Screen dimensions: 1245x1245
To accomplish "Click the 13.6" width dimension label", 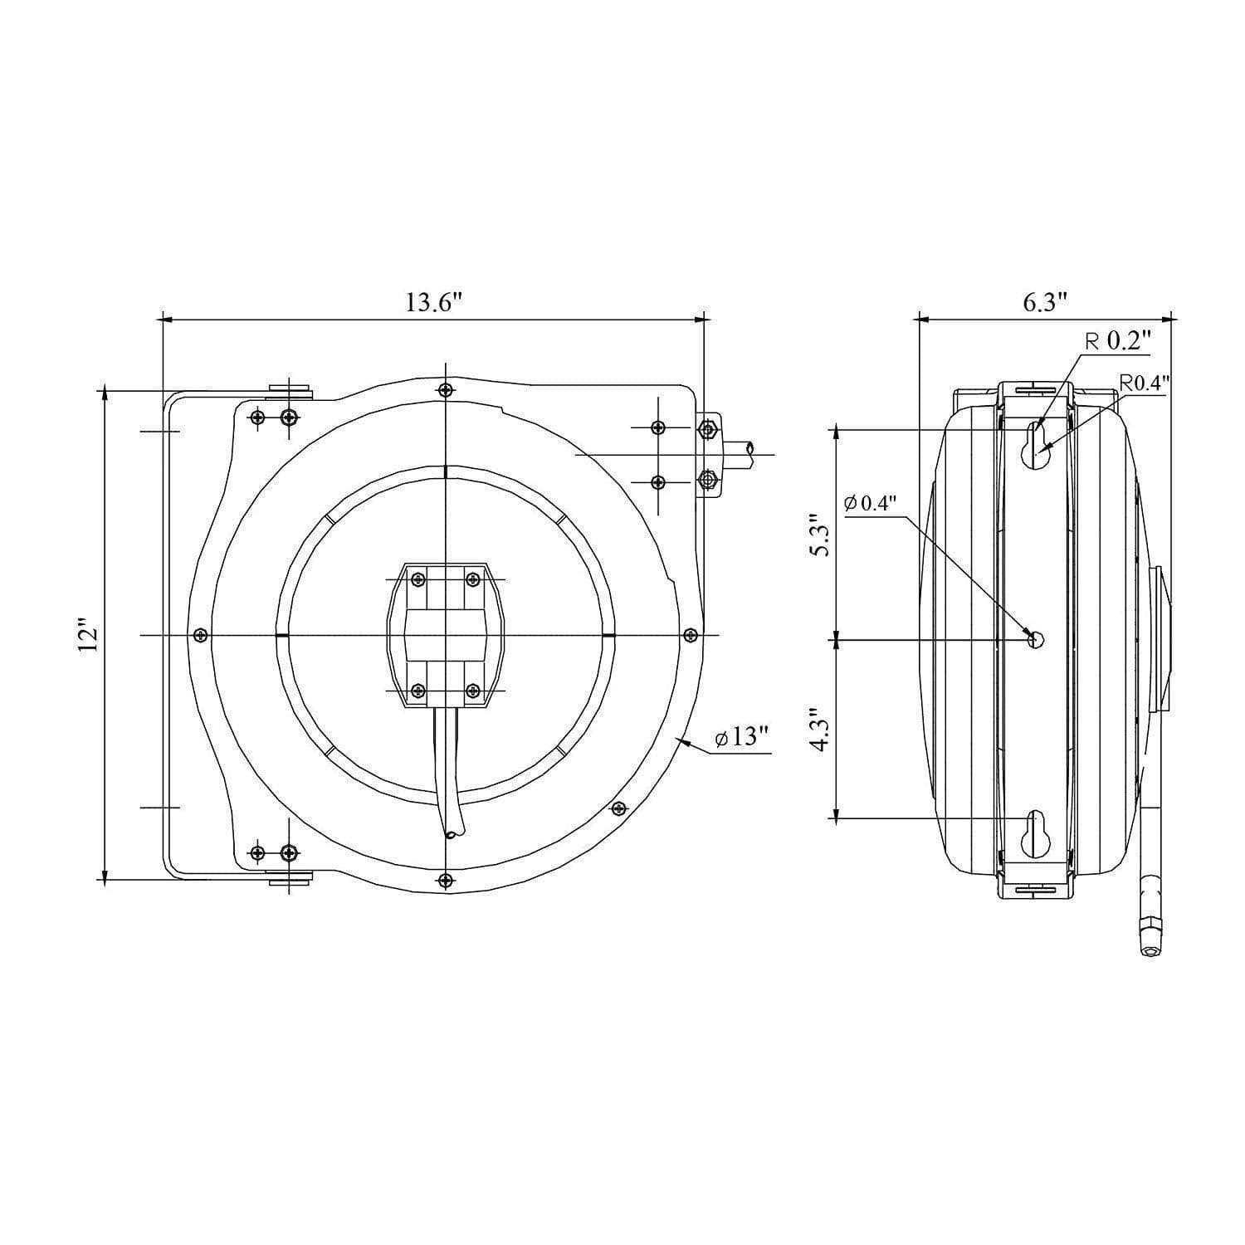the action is click(432, 302).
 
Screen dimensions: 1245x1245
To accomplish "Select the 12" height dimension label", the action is click(89, 635).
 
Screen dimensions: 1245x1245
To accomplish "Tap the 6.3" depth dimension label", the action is click(1044, 302).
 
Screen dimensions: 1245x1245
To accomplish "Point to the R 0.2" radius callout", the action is click(1119, 341).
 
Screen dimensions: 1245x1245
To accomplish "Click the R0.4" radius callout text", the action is click(1145, 383).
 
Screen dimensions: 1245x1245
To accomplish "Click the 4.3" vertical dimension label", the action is click(820, 730).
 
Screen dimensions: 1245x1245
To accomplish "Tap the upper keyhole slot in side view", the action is click(1035, 447).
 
